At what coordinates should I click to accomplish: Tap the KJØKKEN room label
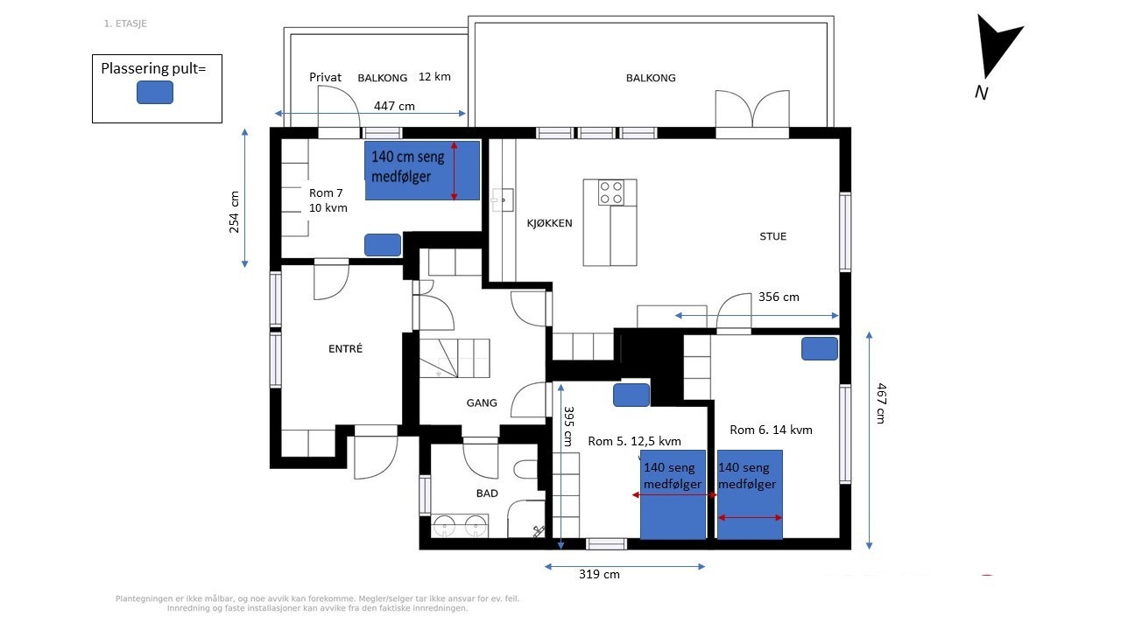(549, 223)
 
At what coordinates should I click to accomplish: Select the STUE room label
(772, 236)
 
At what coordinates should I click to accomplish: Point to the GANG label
(482, 403)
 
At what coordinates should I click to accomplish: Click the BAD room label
(487, 493)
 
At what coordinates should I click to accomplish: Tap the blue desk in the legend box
(155, 92)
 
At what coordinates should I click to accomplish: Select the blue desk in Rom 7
(383, 245)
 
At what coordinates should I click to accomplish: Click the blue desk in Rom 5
(631, 395)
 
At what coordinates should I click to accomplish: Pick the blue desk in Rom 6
(820, 348)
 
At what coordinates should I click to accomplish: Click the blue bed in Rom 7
(422, 171)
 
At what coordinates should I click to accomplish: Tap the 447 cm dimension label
(394, 106)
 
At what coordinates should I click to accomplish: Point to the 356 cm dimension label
(779, 297)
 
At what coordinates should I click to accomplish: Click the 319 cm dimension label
(599, 575)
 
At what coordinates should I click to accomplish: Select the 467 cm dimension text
(882, 403)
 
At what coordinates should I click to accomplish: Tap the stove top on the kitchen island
(611, 192)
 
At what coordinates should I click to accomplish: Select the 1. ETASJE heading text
(125, 24)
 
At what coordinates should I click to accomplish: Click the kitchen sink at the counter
(501, 200)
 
